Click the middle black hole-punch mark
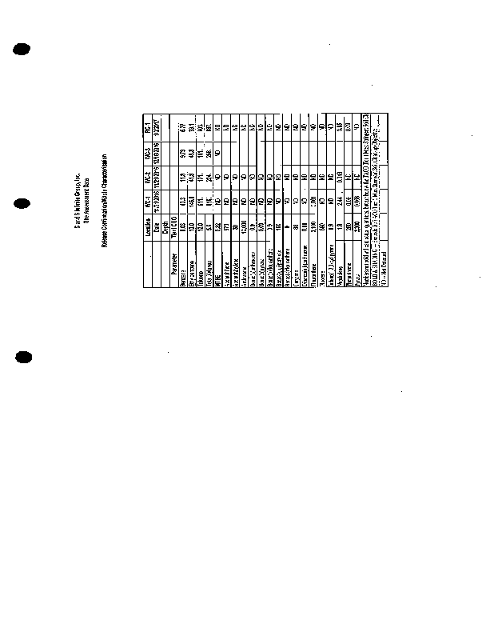(x=22, y=205)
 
